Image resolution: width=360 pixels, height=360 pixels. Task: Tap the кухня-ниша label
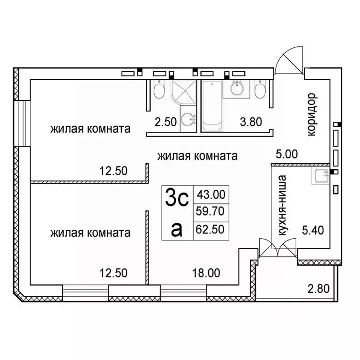click(x=281, y=207)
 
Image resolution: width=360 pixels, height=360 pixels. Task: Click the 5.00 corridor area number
click(x=286, y=154)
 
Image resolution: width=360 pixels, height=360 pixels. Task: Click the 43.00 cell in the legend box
click(x=211, y=193)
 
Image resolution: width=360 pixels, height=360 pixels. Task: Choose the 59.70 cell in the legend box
click(x=211, y=212)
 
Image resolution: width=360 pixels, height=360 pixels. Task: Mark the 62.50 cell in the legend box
click(x=211, y=230)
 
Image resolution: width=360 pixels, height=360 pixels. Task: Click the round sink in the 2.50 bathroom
click(x=190, y=120)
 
